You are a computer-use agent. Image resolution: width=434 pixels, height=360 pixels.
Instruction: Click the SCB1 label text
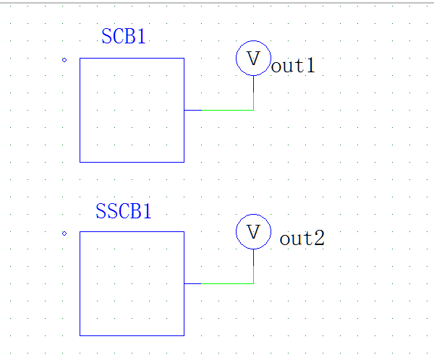(x=124, y=37)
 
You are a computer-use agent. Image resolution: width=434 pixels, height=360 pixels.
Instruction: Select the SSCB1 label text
(x=124, y=212)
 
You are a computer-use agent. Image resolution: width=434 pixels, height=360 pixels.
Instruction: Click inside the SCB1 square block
(x=132, y=110)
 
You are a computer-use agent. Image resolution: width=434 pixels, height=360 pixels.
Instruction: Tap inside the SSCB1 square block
(x=132, y=283)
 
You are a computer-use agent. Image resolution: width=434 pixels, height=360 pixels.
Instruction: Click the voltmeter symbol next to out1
(x=253, y=59)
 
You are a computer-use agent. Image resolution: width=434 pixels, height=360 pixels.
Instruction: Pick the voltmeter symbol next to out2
(x=253, y=232)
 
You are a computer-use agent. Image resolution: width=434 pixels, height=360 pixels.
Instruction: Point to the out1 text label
(x=293, y=67)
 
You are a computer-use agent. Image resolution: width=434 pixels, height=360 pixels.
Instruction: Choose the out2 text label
(x=302, y=239)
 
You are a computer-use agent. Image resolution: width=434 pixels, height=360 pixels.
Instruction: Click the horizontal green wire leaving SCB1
(x=227, y=110)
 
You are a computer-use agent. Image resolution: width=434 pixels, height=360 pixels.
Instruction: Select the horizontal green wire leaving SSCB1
(x=227, y=283)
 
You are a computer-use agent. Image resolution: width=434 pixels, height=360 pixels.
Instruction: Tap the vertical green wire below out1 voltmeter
(x=253, y=93)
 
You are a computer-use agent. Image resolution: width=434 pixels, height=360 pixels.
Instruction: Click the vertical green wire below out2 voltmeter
(x=253, y=266)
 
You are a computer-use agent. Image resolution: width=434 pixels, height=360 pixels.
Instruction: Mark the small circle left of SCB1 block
(x=64, y=59)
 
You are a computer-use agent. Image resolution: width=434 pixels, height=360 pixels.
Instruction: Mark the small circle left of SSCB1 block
(x=64, y=233)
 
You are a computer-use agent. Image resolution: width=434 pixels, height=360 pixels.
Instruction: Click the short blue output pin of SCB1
(x=192, y=110)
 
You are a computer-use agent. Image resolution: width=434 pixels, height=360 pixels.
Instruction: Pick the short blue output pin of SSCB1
(x=192, y=283)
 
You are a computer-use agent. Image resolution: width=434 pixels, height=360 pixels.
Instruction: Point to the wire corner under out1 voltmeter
(x=253, y=110)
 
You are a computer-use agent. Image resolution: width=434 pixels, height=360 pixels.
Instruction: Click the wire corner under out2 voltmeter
(x=253, y=283)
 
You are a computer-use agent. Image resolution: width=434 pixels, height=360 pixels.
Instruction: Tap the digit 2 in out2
(x=318, y=239)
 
